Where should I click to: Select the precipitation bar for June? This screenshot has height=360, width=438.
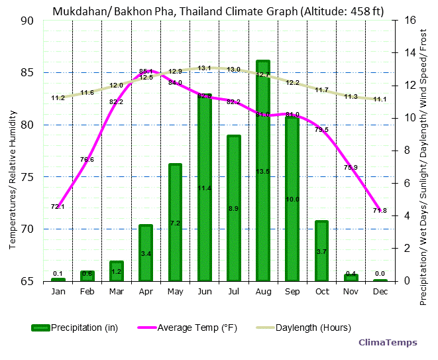pos(205,199)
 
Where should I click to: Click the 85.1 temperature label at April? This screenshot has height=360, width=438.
pos(146,71)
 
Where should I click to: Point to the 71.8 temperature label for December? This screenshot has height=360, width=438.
pos(380,210)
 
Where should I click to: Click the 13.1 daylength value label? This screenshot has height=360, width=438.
pos(204,68)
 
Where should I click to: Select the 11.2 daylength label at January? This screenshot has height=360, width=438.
pos(58,98)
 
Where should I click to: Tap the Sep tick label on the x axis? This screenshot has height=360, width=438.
pos(292,292)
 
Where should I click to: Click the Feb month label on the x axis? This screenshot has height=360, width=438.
pos(87,292)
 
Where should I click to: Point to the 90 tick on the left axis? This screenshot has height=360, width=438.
pos(27,21)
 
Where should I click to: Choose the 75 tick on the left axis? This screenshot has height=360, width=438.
pos(27,177)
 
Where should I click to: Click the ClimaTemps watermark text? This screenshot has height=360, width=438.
pos(388,343)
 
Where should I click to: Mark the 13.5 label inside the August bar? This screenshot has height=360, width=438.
pos(263,172)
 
